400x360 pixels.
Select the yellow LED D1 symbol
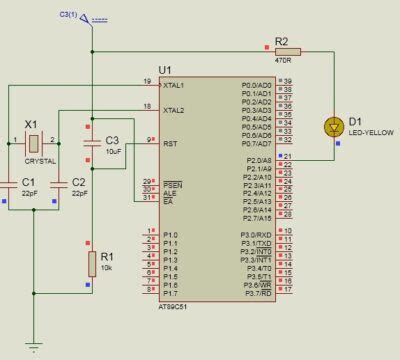(333, 127)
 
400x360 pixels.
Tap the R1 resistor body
(91, 265)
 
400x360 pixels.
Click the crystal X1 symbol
(33, 140)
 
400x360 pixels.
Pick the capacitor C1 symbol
(33, 183)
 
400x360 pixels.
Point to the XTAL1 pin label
(174, 85)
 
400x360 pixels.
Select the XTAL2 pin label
(174, 110)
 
